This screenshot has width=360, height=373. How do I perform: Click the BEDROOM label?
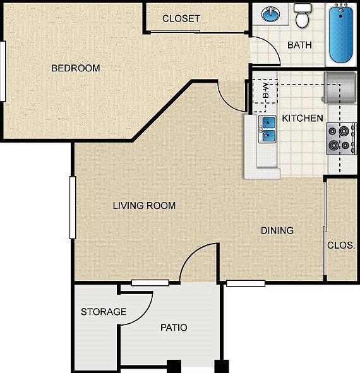pos(75,68)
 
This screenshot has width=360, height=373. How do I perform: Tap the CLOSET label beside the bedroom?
pos(181,18)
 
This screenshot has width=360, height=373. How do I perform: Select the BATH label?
pos(300,45)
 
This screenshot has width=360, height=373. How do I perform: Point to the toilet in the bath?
pos(303,15)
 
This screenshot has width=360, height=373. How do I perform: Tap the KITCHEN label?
pos(303,118)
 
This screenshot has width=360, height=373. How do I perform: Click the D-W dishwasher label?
pos(265,92)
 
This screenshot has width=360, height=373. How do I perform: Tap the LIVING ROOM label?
pos(144,205)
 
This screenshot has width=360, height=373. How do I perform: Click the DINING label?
pos(277,230)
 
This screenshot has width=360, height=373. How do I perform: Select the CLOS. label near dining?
pos(341,245)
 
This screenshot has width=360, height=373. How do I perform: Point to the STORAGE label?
pos(104,312)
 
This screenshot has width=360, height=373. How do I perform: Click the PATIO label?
pos(173,328)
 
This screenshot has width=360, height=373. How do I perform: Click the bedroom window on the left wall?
pos(3,71)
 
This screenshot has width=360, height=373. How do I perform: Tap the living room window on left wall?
pos(73,208)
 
